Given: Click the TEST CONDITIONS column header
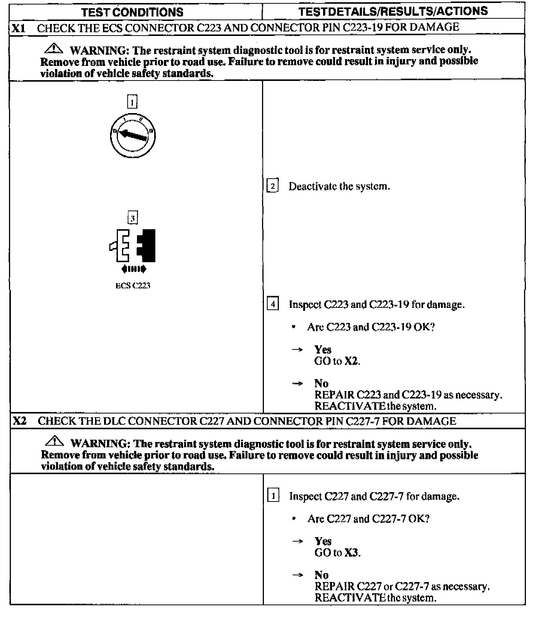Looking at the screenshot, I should [132, 12].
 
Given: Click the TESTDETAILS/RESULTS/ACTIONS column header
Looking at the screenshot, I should [393, 11].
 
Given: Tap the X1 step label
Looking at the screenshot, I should [18, 28].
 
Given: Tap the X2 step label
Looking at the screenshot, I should [19, 421].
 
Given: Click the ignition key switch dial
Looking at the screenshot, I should [133, 136].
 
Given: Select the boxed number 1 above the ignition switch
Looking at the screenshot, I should [132, 102].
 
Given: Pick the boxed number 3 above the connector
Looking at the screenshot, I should [133, 218].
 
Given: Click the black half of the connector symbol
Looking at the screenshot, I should [147, 245].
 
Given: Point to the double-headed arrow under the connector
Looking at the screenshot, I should [134, 269].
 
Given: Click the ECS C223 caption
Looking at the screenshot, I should [133, 286].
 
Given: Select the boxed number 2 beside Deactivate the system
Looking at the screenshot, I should [273, 186].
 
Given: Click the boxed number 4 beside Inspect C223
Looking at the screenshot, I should [273, 304].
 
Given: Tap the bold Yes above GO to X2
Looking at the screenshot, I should [323, 349].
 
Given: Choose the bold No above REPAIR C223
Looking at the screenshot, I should [321, 383].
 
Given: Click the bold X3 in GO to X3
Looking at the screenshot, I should [351, 552].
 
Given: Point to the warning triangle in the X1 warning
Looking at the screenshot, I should [54, 48].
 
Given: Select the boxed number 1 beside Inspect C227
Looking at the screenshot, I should [273, 496].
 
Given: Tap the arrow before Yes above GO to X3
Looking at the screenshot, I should [298, 541].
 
